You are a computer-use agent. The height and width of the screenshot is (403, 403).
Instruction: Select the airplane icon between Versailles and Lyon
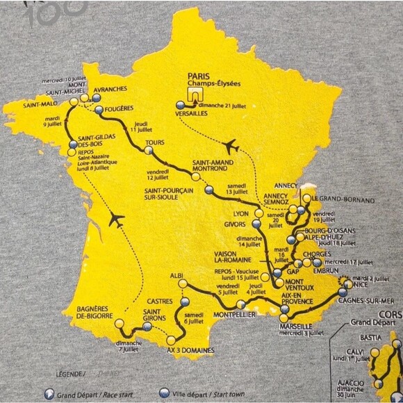click(x=231, y=147)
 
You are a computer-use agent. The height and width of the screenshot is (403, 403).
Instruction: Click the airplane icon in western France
click(x=115, y=221)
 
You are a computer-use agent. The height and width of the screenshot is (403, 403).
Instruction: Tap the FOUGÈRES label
click(x=120, y=110)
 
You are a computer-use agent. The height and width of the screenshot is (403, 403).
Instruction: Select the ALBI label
click(x=176, y=276)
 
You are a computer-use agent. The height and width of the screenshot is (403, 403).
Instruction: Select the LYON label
click(x=241, y=215)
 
